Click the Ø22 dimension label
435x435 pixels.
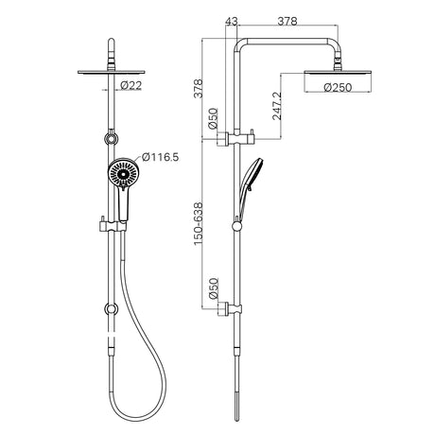(x=131, y=85)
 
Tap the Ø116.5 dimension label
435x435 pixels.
(x=160, y=157)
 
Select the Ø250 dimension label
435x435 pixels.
(x=338, y=87)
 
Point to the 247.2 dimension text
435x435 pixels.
(x=277, y=106)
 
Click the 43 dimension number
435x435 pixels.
(x=232, y=22)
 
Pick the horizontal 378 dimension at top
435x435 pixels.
(x=287, y=22)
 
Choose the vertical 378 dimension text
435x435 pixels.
(x=198, y=89)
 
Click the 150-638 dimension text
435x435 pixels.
(x=198, y=224)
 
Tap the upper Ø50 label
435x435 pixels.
(x=213, y=118)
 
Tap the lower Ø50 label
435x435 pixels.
(x=213, y=288)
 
